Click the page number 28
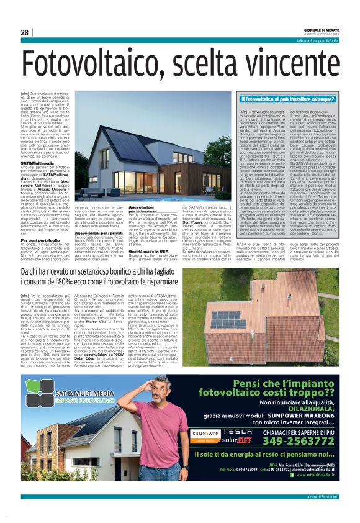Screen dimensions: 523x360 click(25, 32)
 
